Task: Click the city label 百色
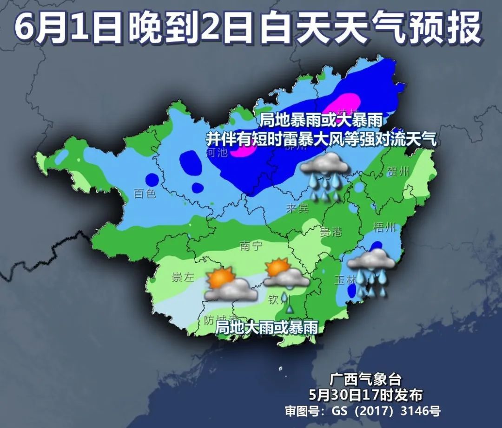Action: [x=145, y=194]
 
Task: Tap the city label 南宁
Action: [x=251, y=246]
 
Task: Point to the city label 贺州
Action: [x=398, y=172]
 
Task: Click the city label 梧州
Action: [x=385, y=227]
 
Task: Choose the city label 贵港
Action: [x=330, y=232]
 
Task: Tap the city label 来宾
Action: [x=297, y=208]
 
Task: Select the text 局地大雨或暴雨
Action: [x=267, y=328]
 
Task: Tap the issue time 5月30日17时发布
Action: [x=365, y=395]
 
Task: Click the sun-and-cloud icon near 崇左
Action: [x=230, y=285]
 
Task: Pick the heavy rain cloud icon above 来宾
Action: [x=325, y=176]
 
